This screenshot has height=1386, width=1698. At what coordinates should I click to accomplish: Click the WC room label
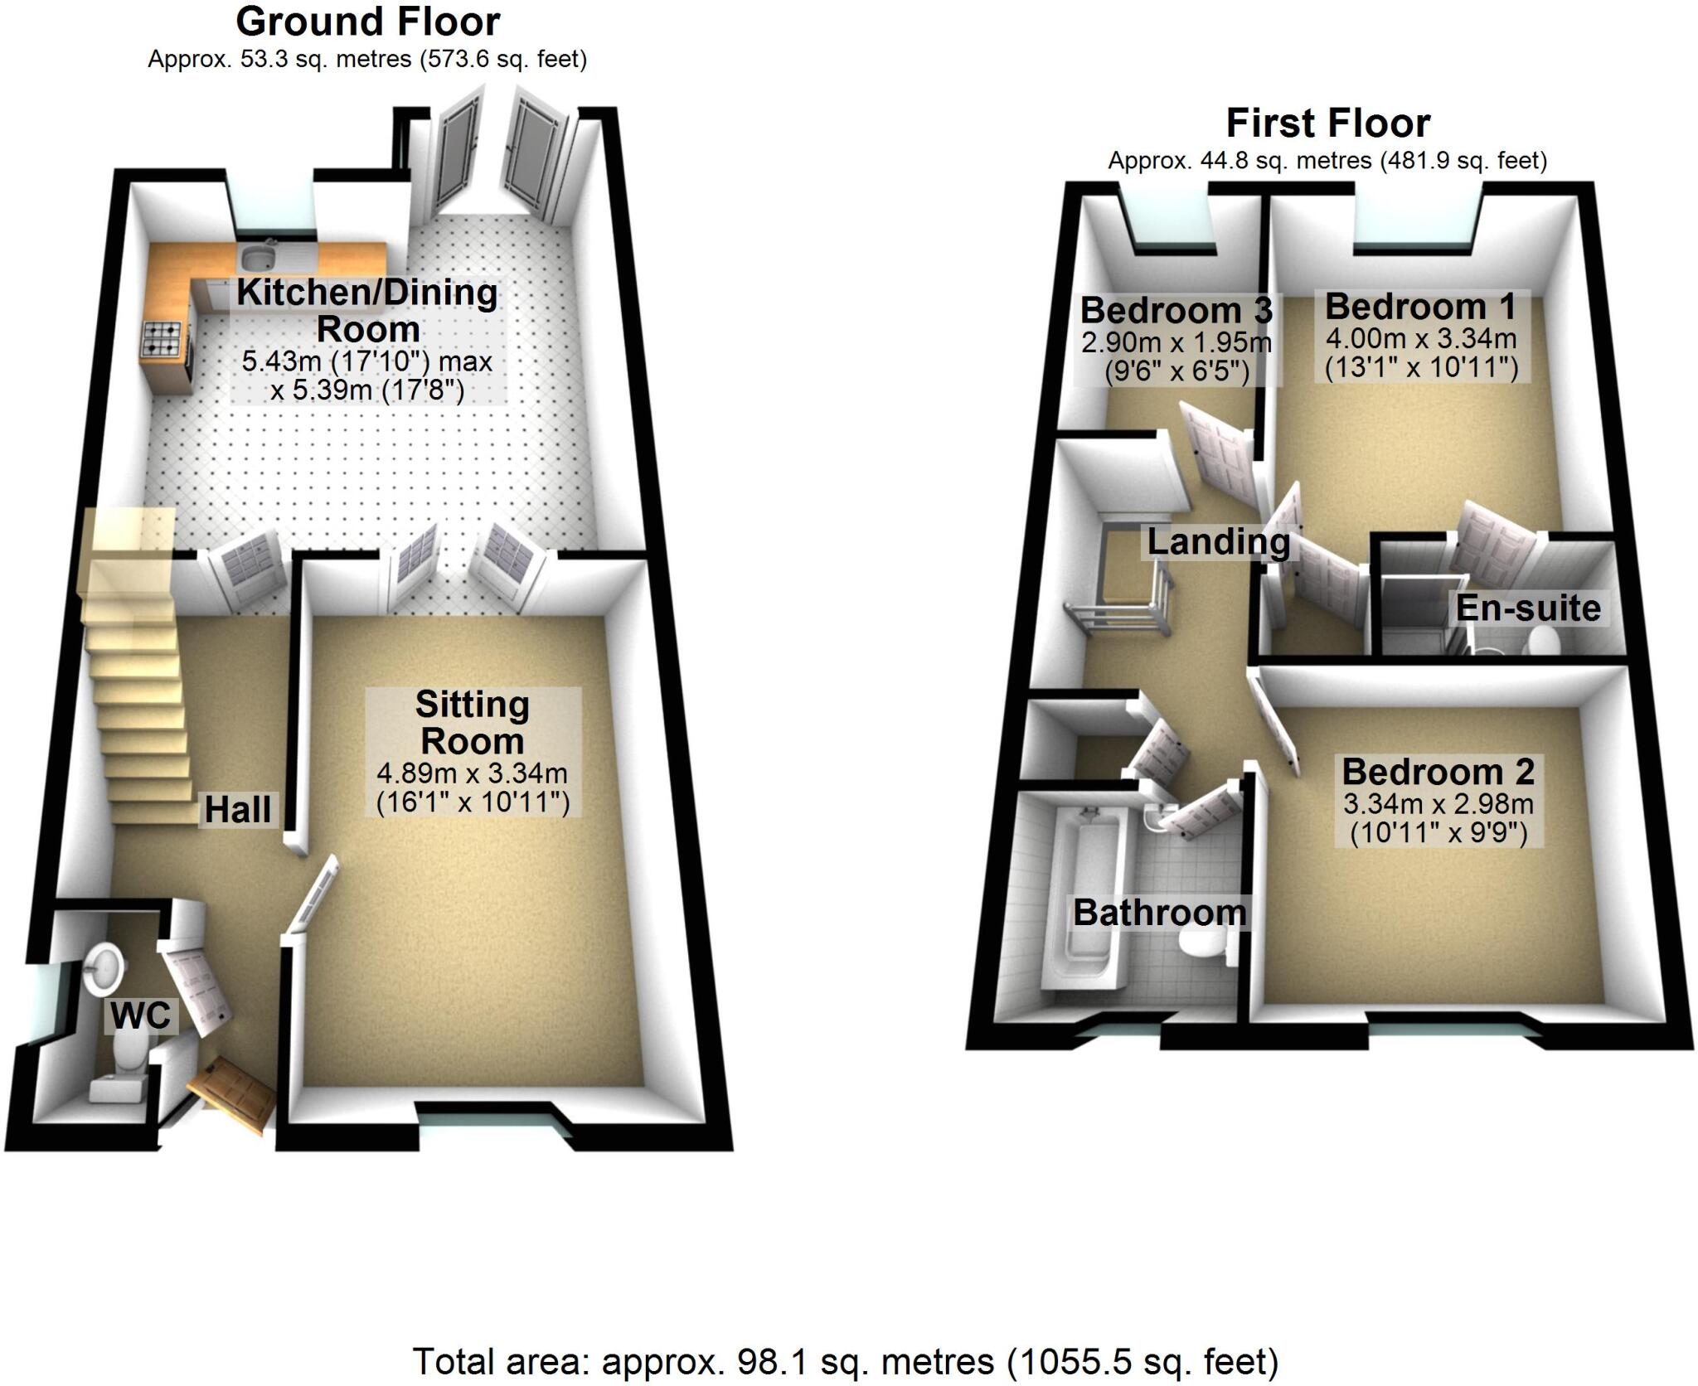click(x=141, y=1015)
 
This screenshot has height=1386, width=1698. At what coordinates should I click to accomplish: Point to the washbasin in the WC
click(x=105, y=964)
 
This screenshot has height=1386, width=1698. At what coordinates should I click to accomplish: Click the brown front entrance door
click(x=232, y=1093)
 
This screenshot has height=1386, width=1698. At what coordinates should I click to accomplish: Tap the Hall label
click(x=238, y=810)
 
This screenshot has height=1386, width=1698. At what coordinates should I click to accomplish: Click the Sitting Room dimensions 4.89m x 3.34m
click(x=473, y=773)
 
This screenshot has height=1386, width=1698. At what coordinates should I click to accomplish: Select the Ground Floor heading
click(x=367, y=22)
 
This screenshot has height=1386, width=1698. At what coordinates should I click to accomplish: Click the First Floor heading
click(x=1328, y=124)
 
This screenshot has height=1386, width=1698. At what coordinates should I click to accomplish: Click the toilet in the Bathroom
click(x=1206, y=947)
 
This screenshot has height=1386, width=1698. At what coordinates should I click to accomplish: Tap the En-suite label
click(x=1528, y=608)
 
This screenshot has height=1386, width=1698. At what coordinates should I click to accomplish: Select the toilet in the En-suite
click(x=1543, y=641)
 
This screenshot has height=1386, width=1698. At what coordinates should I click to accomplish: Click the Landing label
click(x=1218, y=542)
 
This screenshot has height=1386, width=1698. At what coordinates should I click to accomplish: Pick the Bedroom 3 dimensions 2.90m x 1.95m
click(x=1176, y=342)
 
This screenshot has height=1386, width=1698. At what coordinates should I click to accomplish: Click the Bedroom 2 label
click(x=1438, y=772)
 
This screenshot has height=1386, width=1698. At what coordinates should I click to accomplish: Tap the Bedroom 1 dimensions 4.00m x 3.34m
click(x=1421, y=338)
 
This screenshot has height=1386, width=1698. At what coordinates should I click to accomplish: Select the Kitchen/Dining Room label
click(x=367, y=310)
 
